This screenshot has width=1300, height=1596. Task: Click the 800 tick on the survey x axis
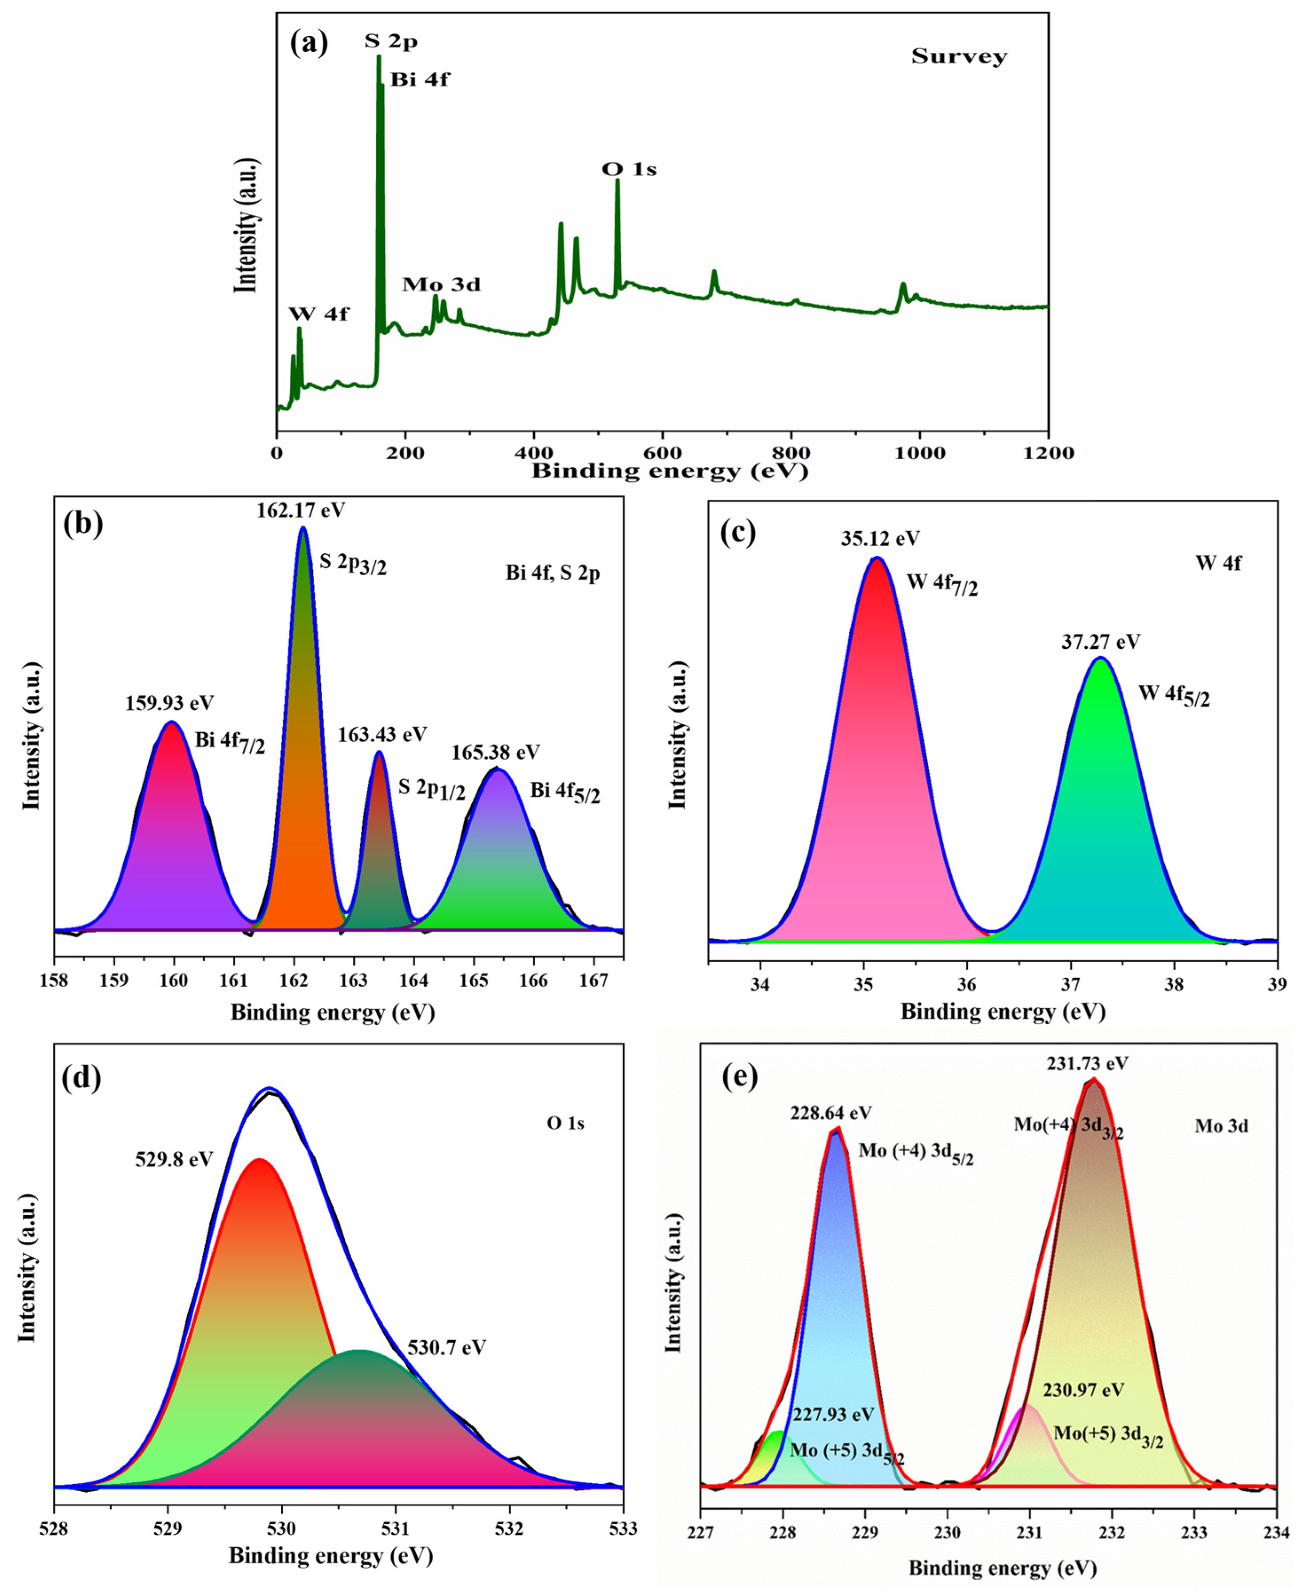click(x=791, y=453)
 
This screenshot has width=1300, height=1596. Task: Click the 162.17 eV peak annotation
click(x=301, y=511)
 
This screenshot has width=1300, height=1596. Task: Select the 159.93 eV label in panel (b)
click(x=170, y=703)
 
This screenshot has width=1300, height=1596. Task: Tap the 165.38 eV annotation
click(x=495, y=752)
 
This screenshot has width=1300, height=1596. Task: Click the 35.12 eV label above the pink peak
click(x=880, y=538)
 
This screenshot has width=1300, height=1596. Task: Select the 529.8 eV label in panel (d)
click(x=174, y=1159)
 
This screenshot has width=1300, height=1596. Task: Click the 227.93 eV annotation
click(x=833, y=1414)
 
